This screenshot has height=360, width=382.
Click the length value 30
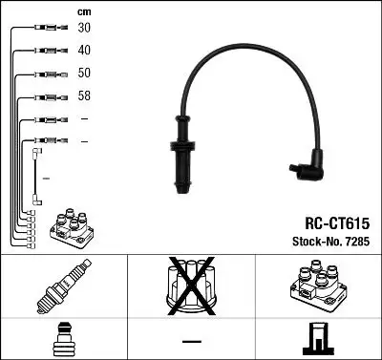(x=85, y=29)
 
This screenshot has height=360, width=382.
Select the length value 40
(x=85, y=51)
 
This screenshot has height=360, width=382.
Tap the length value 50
(x=85, y=74)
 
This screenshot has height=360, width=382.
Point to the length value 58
(x=85, y=95)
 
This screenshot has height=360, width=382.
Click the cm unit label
(x=83, y=10)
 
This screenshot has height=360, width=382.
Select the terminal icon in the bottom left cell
(x=63, y=339)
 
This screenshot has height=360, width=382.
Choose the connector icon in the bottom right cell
(x=317, y=338)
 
